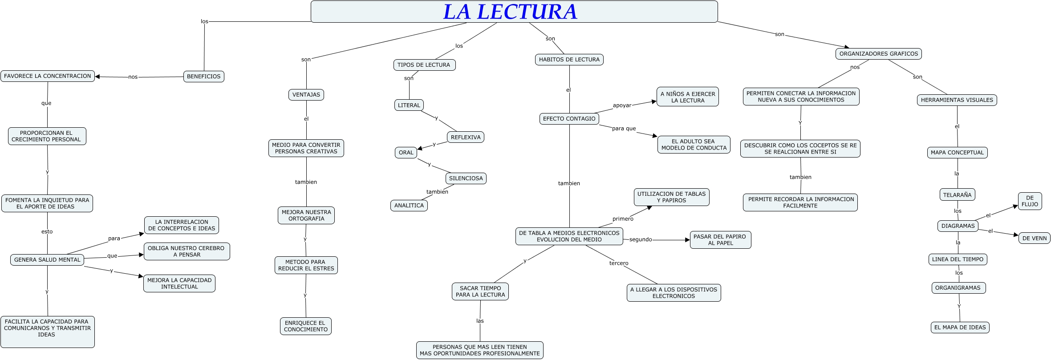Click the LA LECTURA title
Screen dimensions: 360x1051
(510, 12)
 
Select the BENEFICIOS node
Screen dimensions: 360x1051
(203, 77)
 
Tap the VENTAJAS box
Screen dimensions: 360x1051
(306, 95)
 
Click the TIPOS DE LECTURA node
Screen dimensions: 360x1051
(424, 65)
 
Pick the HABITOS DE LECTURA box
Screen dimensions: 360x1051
(569, 60)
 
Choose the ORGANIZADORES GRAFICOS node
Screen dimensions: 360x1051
(878, 54)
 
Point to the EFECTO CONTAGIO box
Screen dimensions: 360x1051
(569, 119)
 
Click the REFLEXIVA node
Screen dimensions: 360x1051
(465, 137)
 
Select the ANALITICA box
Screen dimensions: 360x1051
(409, 206)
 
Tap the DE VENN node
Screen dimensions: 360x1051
(1034, 238)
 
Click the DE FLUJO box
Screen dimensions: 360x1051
(1030, 201)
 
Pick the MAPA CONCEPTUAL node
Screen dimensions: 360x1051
(957, 153)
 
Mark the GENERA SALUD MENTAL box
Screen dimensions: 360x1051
(47, 260)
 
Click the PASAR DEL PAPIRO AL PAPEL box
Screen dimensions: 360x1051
(720, 240)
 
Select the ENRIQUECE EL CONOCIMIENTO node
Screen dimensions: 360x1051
(305, 326)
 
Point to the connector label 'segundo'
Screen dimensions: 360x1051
(641, 239)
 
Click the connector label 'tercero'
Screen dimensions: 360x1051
(619, 263)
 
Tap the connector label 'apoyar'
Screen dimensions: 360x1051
(622, 105)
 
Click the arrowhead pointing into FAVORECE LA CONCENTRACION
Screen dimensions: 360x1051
(97, 77)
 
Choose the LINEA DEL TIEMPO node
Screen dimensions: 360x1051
(958, 259)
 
